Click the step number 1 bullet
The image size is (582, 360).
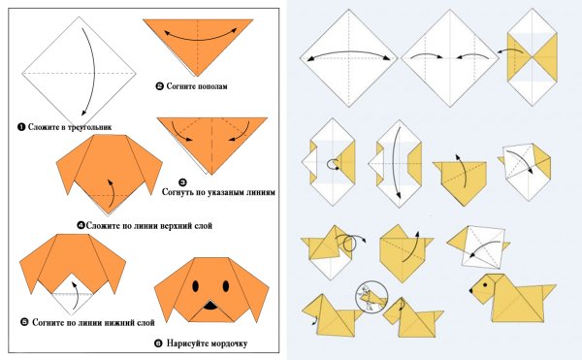[x=21, y=127]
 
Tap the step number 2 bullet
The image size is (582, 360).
[x=160, y=86]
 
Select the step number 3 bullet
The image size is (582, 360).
[x=183, y=182]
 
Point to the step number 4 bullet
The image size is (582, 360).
[x=81, y=225]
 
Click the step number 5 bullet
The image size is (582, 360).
[x=24, y=322]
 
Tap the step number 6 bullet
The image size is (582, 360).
[x=158, y=344]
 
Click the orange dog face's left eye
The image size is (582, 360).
[x=195, y=286]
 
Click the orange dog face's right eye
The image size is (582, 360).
[x=226, y=286]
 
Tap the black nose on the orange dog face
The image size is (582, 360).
[x=210, y=306]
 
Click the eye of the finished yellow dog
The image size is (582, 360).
[x=485, y=285]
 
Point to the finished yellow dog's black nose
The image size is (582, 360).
[x=471, y=290]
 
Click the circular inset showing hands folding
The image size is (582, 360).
[x=372, y=297]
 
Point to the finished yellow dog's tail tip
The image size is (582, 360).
[x=556, y=285]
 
